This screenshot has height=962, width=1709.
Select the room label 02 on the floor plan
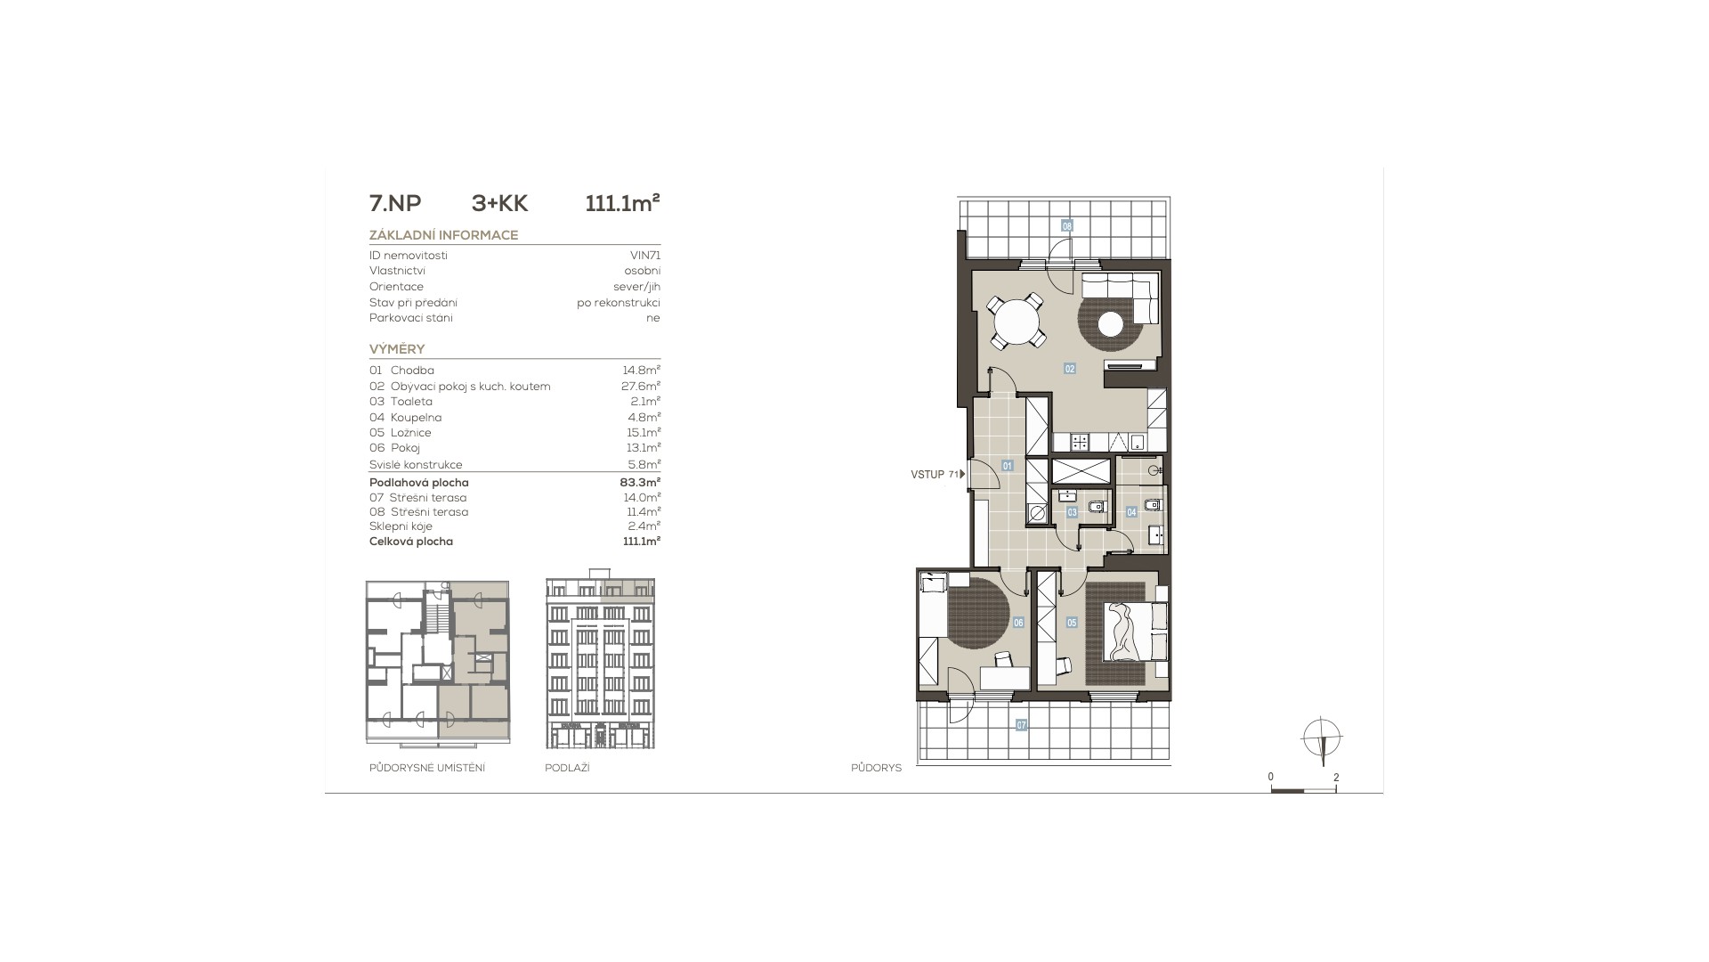1070,368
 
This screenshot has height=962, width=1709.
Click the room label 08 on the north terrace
1067,225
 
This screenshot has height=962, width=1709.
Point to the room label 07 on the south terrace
1022,725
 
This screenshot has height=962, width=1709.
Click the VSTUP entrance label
927,475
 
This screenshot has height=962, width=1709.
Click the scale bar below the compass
1303,790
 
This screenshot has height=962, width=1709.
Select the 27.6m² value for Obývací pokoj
641,386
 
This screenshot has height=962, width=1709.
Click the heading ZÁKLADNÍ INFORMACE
443,235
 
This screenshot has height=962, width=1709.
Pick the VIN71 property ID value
645,256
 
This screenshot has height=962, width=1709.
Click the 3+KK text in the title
499,204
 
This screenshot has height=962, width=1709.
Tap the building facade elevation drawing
600,664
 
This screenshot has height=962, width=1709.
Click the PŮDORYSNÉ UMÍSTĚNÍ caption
427,768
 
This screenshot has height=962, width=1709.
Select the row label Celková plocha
411,542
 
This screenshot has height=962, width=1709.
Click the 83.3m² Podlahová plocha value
641,483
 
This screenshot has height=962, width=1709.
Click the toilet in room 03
1097,506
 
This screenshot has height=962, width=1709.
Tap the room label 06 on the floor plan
1018,623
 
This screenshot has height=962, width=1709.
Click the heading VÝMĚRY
397,349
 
